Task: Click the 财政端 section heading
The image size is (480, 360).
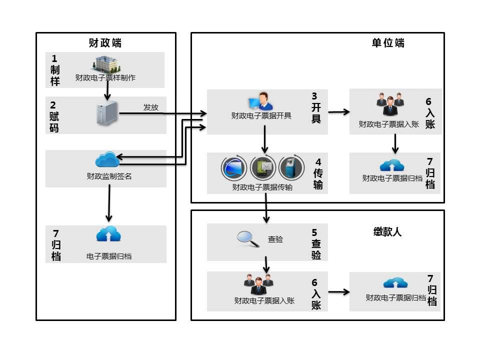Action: pyautogui.click(x=105, y=43)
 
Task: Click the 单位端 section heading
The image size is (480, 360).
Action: pyautogui.click(x=388, y=43)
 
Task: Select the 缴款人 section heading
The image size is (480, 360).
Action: pyautogui.click(x=387, y=232)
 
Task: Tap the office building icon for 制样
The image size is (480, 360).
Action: pyautogui.click(x=106, y=64)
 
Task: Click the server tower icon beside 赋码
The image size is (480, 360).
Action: pyautogui.click(x=106, y=112)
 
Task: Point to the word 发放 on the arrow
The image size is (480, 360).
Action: pyautogui.click(x=150, y=107)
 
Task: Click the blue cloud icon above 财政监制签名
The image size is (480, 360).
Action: pyautogui.click(x=106, y=160)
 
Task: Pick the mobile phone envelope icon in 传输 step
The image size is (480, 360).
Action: pyautogui.click(x=262, y=168)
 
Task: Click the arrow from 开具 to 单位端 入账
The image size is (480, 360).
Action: pyautogui.click(x=339, y=112)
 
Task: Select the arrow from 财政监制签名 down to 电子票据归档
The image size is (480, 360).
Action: pyautogui.click(x=108, y=205)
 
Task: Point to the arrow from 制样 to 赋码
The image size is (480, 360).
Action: pyautogui.click(x=107, y=91)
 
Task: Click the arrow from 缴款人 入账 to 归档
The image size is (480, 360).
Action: pyautogui.click(x=338, y=292)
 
